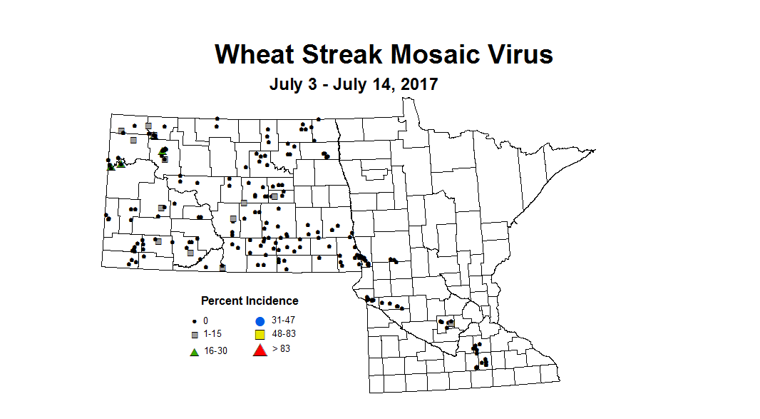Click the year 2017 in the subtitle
coord(419,84)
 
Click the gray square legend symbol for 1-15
coord(194,335)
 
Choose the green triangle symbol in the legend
coord(194,350)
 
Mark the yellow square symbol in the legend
coord(260,335)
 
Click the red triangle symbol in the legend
coord(260,349)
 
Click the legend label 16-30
coord(217,350)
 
